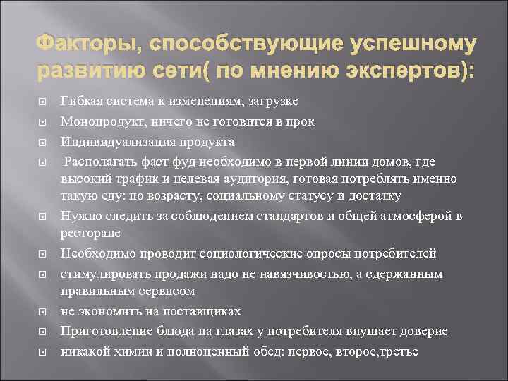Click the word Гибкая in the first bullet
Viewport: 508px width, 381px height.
(x=80, y=102)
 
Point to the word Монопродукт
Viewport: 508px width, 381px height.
(x=98, y=121)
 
